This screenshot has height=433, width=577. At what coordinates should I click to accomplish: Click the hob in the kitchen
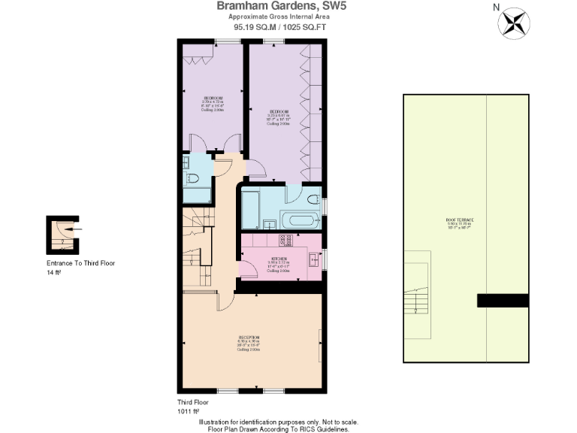click(285, 241)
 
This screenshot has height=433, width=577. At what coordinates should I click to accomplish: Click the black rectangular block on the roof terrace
click(503, 300)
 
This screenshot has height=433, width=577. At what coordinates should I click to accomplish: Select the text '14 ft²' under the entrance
click(53, 274)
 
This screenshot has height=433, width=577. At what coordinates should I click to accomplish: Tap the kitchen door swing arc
click(248, 269)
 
